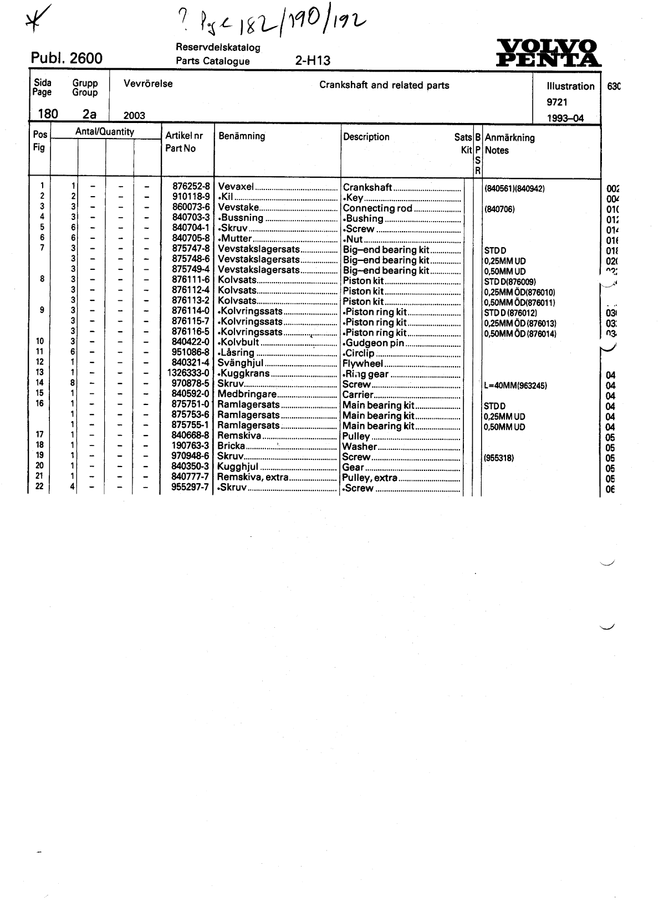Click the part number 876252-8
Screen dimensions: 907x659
click(191, 187)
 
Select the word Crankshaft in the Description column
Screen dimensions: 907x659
click(367, 188)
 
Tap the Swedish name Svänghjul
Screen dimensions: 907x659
click(241, 363)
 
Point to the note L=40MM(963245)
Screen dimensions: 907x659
click(515, 385)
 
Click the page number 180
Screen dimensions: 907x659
click(48, 114)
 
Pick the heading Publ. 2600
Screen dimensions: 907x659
click(67, 58)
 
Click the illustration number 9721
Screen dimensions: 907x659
click(557, 102)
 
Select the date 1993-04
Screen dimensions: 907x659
click(565, 118)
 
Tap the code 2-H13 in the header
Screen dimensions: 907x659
click(313, 61)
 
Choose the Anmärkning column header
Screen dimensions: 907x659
click(509, 138)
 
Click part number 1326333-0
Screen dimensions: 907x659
click(188, 373)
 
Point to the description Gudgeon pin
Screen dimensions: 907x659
click(374, 343)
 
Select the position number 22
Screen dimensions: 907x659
click(39, 486)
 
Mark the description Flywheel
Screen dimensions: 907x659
click(363, 364)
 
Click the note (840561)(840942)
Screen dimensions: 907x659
click(514, 188)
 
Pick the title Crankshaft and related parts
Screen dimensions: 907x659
click(384, 85)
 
